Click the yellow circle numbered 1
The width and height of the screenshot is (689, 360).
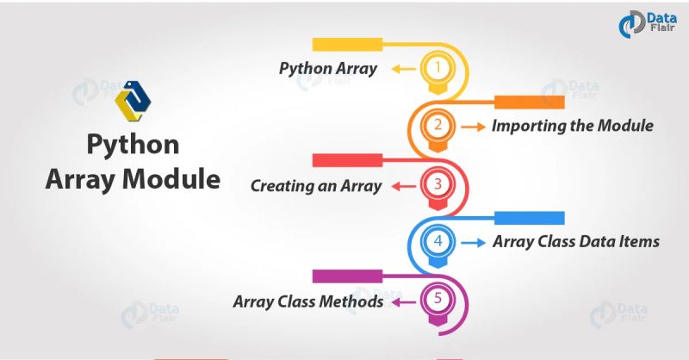pyautogui.click(x=438, y=67)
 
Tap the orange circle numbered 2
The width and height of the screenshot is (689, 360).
pyautogui.click(x=438, y=126)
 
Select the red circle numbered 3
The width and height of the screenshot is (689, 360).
pyautogui.click(x=438, y=184)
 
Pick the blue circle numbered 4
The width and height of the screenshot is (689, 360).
pyautogui.click(x=438, y=242)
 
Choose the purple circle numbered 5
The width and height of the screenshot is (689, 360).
pyautogui.click(x=438, y=301)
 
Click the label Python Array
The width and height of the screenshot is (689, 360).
pyautogui.click(x=327, y=69)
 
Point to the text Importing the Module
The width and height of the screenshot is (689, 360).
pyautogui.click(x=572, y=126)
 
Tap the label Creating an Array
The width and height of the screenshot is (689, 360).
pyautogui.click(x=315, y=185)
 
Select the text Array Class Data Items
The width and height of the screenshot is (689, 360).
pyautogui.click(x=575, y=242)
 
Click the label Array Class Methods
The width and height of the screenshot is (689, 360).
pyautogui.click(x=307, y=301)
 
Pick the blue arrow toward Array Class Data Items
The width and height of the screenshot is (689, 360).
pyautogui.click(x=472, y=243)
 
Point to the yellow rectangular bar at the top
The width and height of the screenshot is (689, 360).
pyautogui.click(x=346, y=44)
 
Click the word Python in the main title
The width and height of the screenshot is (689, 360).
pyautogui.click(x=133, y=145)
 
